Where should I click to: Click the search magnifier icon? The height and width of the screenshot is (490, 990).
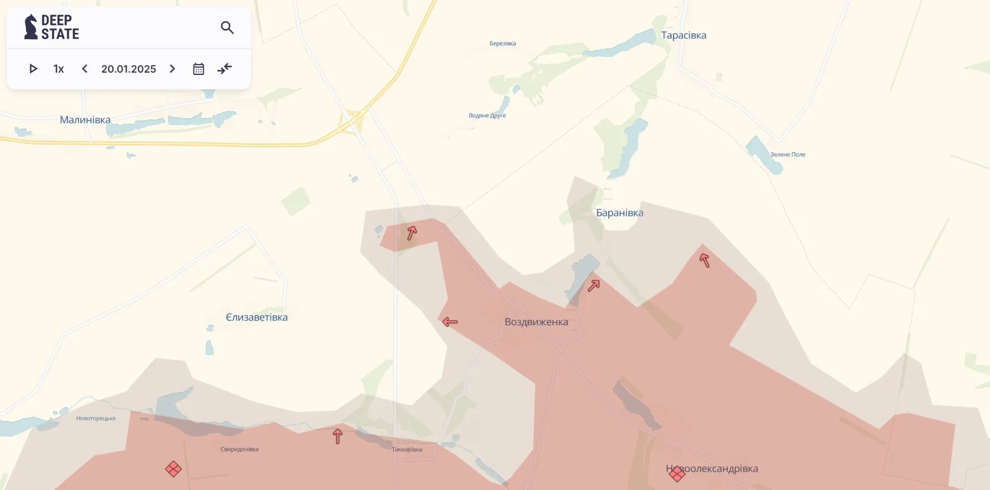[x=227, y=28]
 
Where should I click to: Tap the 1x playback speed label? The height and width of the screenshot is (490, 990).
[x=58, y=69]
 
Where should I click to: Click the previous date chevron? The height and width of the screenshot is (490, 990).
[x=85, y=69]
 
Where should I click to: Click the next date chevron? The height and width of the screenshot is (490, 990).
[x=172, y=69]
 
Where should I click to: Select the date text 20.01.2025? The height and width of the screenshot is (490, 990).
[x=129, y=69]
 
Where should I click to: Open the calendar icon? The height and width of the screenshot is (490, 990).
[x=198, y=69]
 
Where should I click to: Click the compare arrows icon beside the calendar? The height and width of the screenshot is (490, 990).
[x=224, y=69]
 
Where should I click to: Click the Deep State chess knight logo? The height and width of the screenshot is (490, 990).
[x=31, y=27]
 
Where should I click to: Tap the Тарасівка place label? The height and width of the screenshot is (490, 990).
[x=683, y=35]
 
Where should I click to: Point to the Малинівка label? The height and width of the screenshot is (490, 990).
[x=85, y=120]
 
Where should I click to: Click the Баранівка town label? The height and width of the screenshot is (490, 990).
[x=619, y=213]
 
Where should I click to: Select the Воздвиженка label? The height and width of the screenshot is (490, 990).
[x=536, y=322]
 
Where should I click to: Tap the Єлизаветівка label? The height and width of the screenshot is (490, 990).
[x=256, y=317]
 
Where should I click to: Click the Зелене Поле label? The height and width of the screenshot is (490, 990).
[x=788, y=154]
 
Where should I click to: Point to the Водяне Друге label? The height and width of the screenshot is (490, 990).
[x=487, y=115]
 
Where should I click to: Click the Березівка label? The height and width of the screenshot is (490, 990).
[x=502, y=43]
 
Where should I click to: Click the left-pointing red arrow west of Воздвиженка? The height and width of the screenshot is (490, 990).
[x=450, y=322]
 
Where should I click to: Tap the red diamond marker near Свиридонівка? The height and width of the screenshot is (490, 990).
[x=174, y=469]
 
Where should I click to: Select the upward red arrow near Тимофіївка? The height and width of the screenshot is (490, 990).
[x=338, y=436]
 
